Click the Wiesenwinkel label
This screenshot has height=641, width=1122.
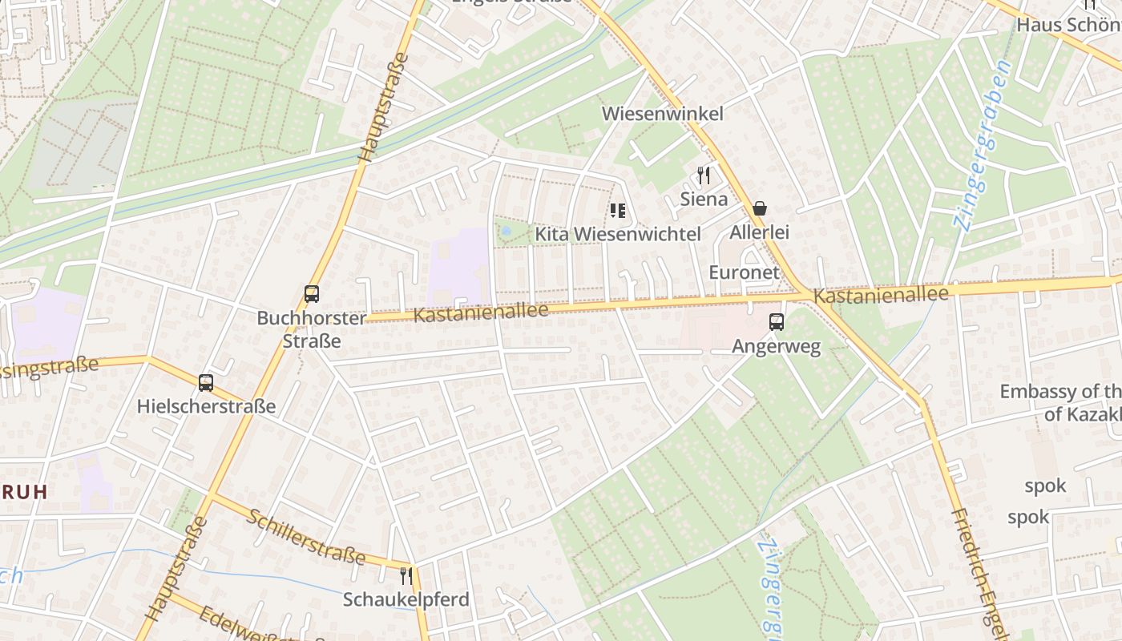tap(662, 114)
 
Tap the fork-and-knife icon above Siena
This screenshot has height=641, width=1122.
tap(704, 175)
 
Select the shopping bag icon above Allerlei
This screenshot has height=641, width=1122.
tap(760, 209)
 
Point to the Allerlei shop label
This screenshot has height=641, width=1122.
tap(760, 232)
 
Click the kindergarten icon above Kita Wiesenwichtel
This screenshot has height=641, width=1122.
tap(617, 211)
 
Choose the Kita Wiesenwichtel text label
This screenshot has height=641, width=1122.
tap(618, 234)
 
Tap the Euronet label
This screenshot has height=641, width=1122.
tap(745, 272)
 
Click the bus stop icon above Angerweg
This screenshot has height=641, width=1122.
tap(776, 323)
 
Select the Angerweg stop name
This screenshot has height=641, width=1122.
tap(777, 347)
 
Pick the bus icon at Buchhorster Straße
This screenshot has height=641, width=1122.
tap(312, 294)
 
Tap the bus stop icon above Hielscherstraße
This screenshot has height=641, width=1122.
tap(206, 383)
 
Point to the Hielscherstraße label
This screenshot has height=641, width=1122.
tap(206, 406)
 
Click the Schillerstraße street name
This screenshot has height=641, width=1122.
tap(306, 536)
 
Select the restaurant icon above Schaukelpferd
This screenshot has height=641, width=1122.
tap(406, 576)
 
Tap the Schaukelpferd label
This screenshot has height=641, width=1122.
tap(406, 599)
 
